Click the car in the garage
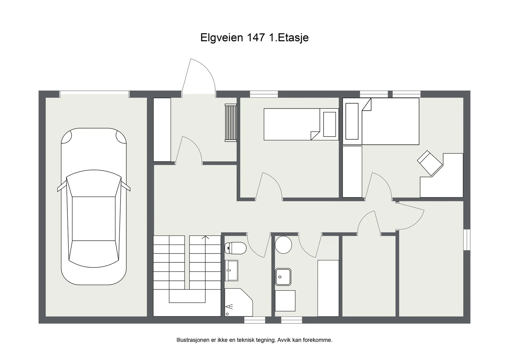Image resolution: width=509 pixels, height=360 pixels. (x=94, y=206)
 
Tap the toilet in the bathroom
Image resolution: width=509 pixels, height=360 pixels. (x=235, y=248)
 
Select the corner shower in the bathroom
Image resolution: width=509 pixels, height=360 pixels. (x=239, y=302)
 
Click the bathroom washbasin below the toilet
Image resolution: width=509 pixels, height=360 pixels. (x=231, y=271)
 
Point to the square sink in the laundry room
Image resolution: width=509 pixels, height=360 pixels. (x=283, y=277)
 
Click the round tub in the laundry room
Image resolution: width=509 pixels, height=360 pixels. (x=283, y=245)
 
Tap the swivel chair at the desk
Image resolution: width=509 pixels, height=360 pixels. (x=430, y=163)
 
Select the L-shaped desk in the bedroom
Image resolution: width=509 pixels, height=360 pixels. (x=442, y=176)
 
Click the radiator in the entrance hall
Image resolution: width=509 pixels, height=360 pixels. (x=231, y=123)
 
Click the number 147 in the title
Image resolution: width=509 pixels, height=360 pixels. (x=256, y=38)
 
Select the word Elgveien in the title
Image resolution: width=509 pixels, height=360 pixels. (x=221, y=38)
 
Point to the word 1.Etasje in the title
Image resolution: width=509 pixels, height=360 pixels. (x=289, y=38)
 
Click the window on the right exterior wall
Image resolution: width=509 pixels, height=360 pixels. (x=467, y=239)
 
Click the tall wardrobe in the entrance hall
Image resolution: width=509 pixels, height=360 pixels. (x=162, y=130)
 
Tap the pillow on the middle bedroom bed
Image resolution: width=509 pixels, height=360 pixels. (x=330, y=124)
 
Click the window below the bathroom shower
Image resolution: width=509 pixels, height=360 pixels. (x=255, y=320)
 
